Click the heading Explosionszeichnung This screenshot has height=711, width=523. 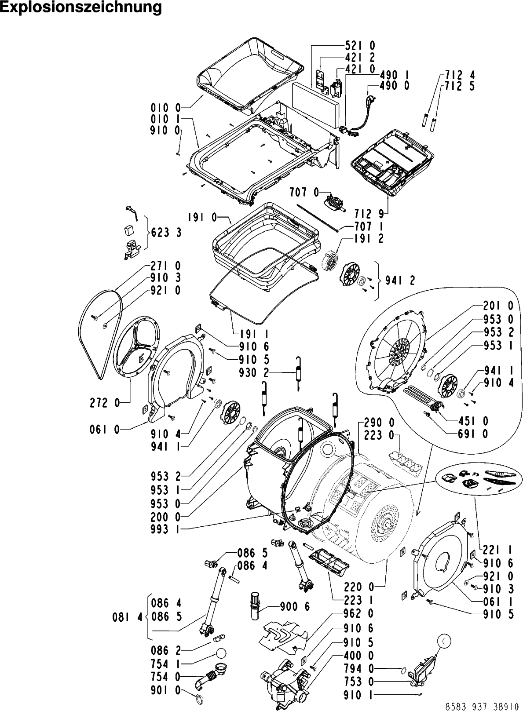(x=81, y=7)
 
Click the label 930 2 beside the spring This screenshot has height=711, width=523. (x=254, y=373)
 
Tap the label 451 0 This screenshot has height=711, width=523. (x=472, y=421)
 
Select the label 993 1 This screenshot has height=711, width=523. (x=166, y=530)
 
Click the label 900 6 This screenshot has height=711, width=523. (x=295, y=607)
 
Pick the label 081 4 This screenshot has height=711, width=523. (x=128, y=617)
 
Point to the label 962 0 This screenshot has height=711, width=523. (x=358, y=613)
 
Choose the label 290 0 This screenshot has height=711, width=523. (x=380, y=423)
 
